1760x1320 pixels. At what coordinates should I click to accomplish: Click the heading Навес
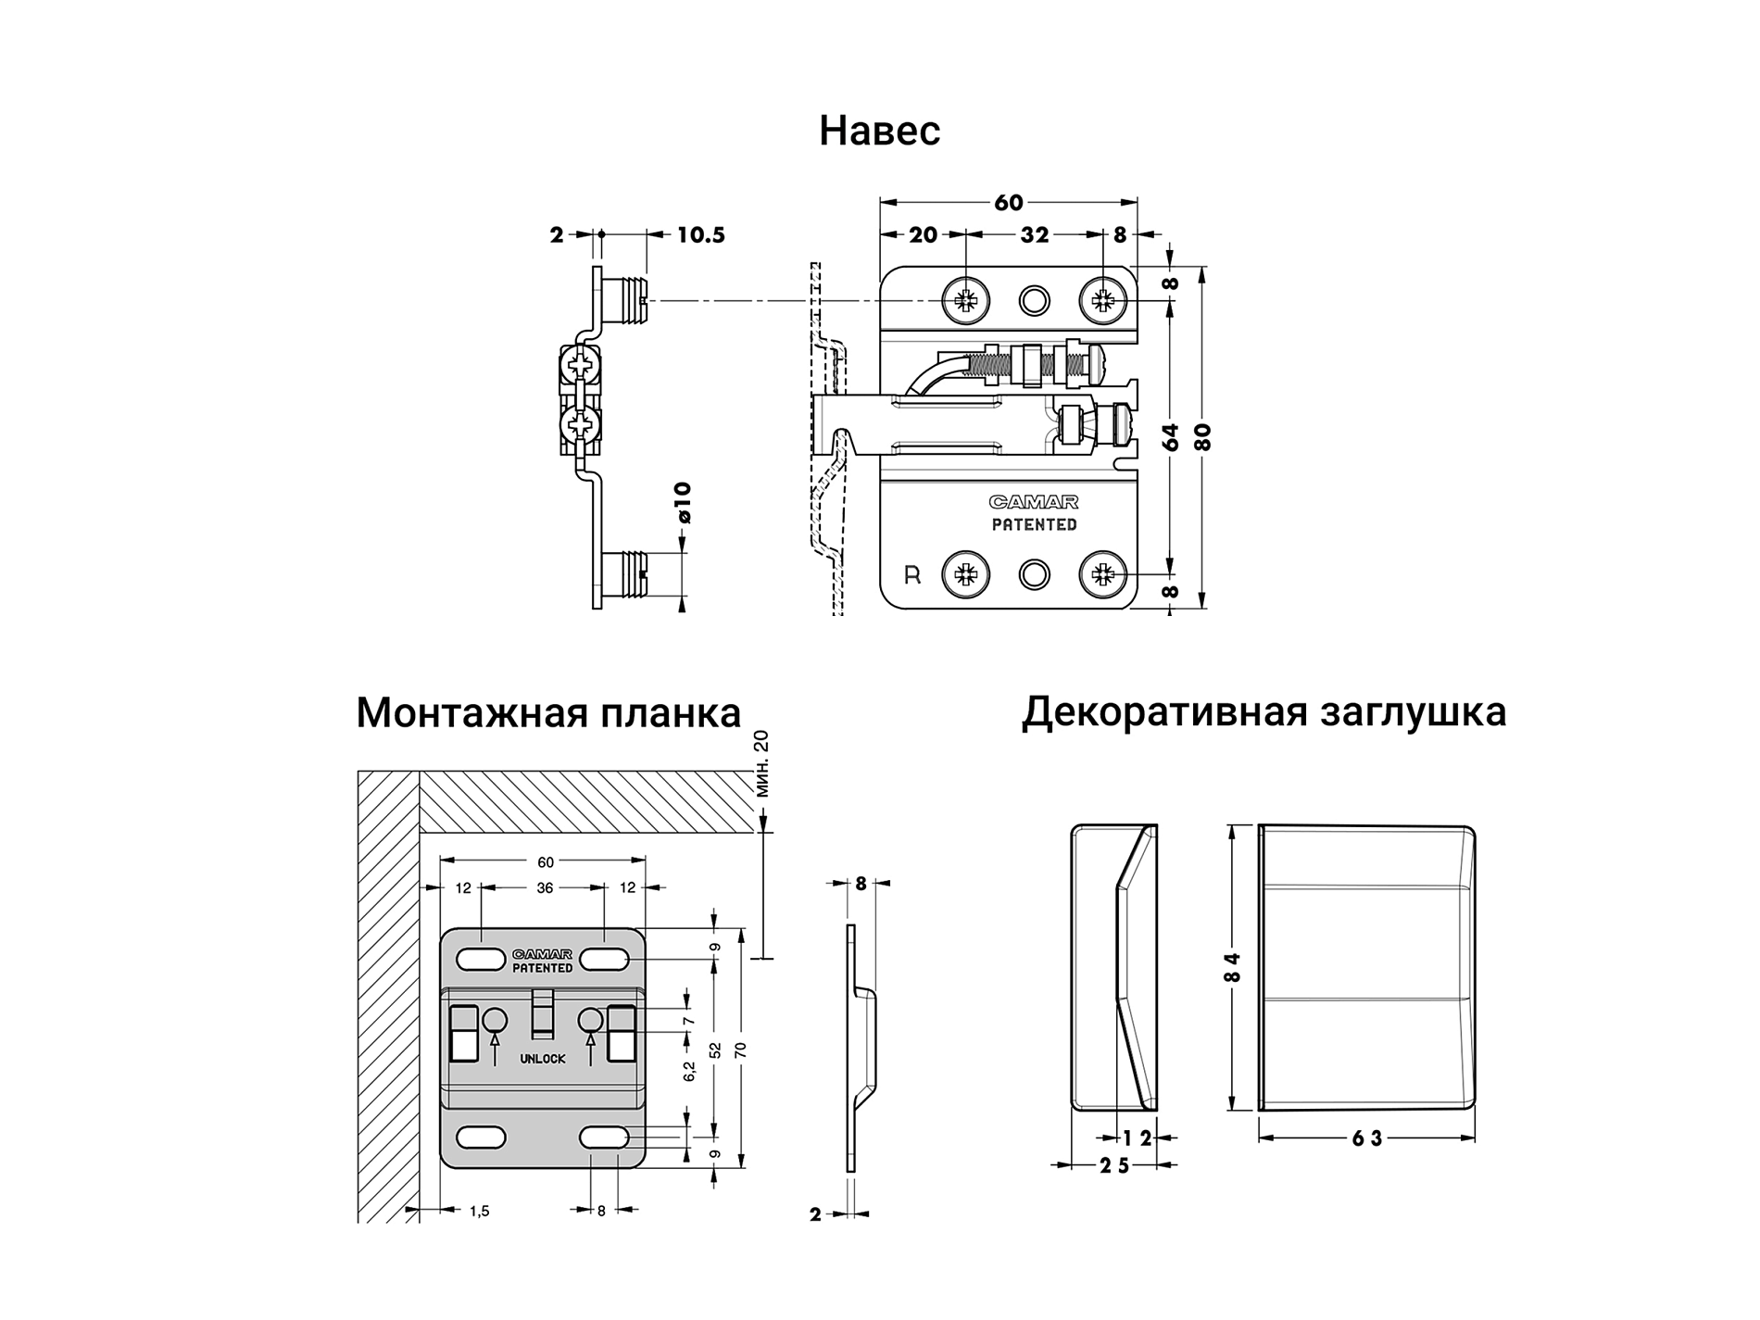(x=879, y=132)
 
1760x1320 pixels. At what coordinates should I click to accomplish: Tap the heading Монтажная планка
(x=548, y=713)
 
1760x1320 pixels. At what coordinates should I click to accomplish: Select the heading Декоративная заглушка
(x=1263, y=711)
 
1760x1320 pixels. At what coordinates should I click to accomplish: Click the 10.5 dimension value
(x=700, y=235)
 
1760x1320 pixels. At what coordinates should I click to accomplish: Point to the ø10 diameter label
(x=684, y=502)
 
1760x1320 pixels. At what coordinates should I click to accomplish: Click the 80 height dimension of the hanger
(x=1202, y=436)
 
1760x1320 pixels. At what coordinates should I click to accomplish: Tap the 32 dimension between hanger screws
(x=1035, y=235)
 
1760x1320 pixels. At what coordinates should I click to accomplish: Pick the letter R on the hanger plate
(x=912, y=575)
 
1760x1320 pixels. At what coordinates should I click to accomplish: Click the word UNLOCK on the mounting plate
(x=542, y=1059)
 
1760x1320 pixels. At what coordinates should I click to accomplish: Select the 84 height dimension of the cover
(x=1231, y=967)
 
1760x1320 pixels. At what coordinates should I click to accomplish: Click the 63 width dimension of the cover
(x=1366, y=1138)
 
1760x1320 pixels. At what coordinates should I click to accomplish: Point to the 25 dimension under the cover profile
(x=1114, y=1166)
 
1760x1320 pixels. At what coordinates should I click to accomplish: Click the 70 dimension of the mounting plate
(x=740, y=1050)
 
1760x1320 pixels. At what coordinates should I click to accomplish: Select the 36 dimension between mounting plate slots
(x=545, y=887)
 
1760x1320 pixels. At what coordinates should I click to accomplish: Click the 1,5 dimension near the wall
(x=479, y=1211)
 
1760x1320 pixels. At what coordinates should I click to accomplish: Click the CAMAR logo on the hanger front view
(x=1034, y=502)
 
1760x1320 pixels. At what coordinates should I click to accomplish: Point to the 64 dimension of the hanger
(x=1171, y=436)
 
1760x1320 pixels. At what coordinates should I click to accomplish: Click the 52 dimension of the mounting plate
(x=715, y=1050)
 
